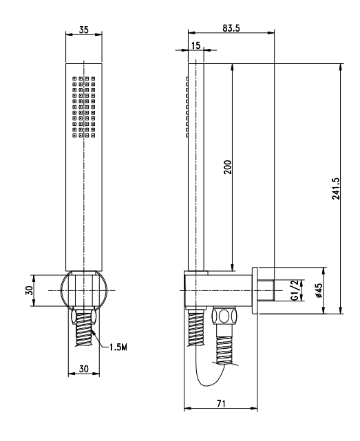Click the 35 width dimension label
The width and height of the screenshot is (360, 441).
point(83,30)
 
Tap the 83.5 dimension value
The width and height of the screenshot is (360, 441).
point(231,28)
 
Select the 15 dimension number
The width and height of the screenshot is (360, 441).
point(195,45)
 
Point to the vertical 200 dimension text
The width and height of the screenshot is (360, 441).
point(228,166)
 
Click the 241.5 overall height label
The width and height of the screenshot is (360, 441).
point(335,189)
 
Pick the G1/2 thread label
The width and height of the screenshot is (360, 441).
point(295,290)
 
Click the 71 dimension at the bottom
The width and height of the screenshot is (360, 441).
point(221,404)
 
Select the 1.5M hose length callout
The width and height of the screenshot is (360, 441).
point(118,347)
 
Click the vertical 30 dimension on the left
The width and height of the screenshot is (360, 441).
point(29,290)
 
